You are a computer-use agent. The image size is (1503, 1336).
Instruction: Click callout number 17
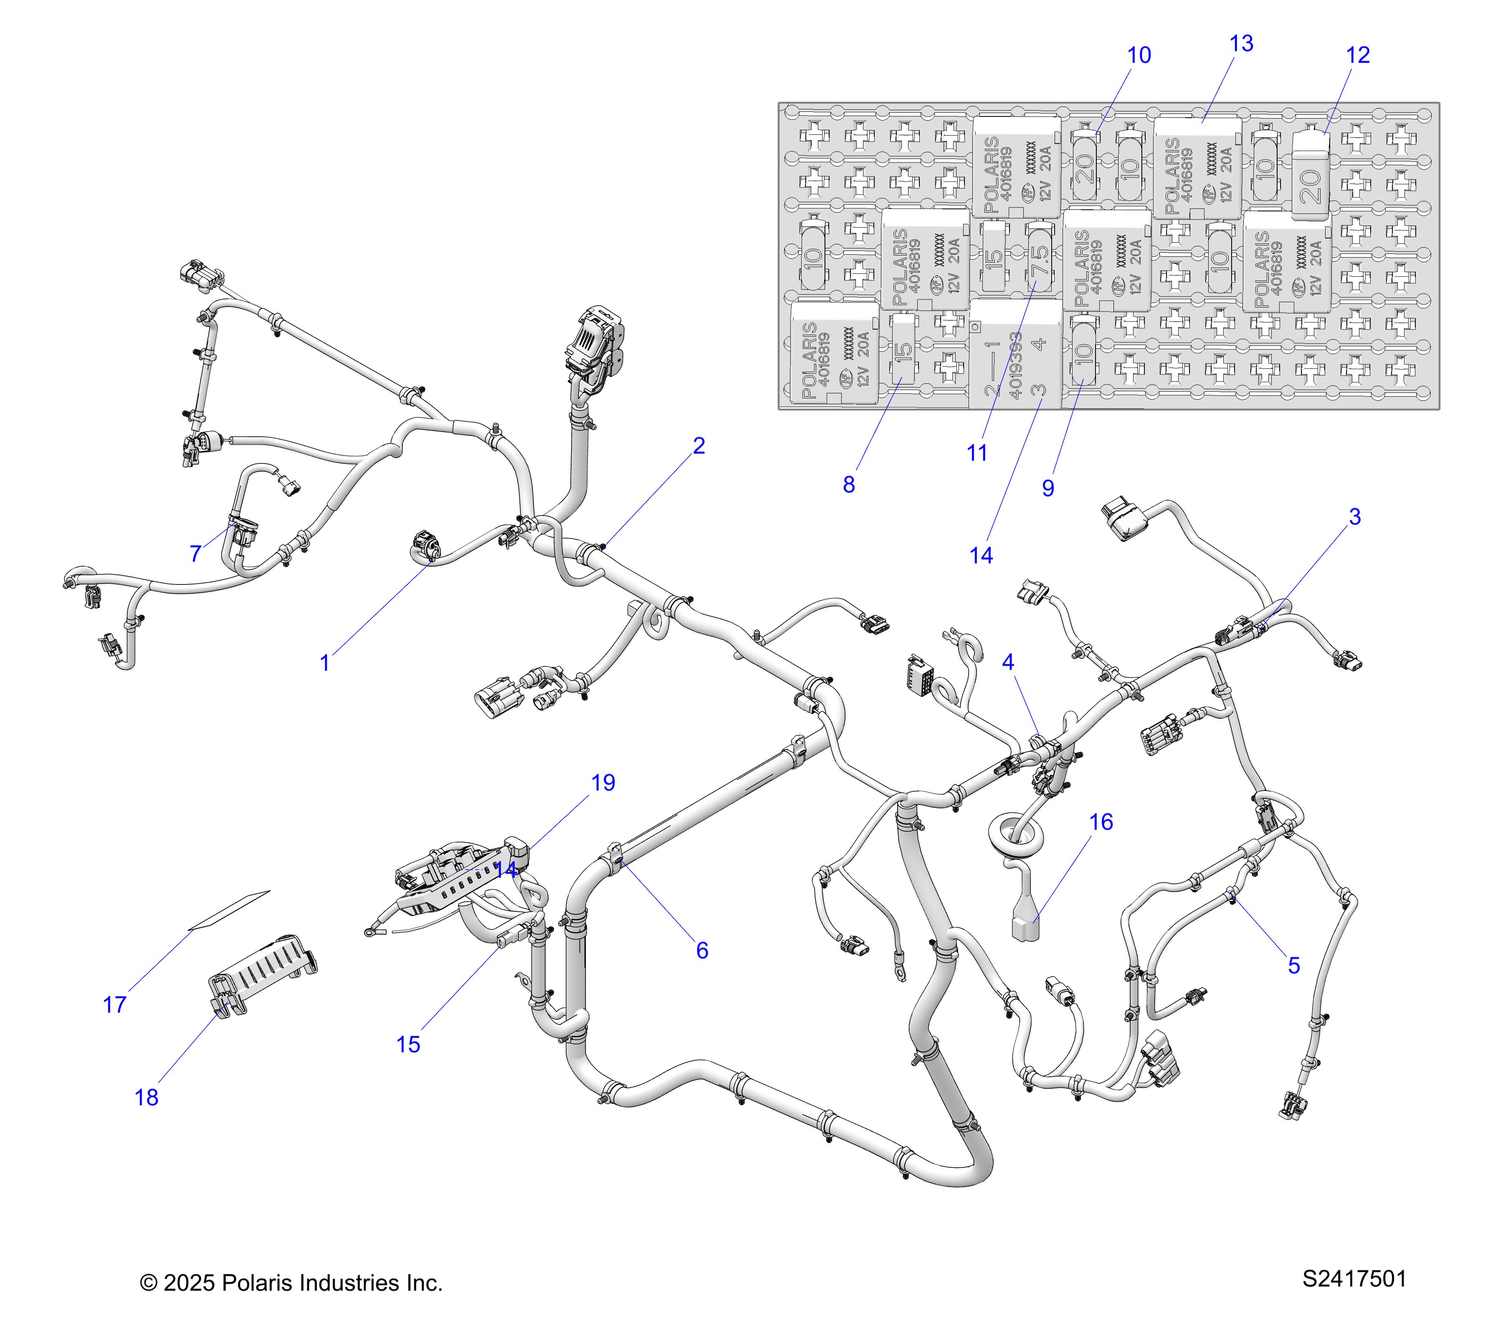[x=115, y=1005]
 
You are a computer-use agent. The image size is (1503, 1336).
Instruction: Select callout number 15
[x=408, y=1044]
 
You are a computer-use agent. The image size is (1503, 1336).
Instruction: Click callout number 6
[x=702, y=950]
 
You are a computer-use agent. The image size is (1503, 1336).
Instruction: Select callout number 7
[x=195, y=553]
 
